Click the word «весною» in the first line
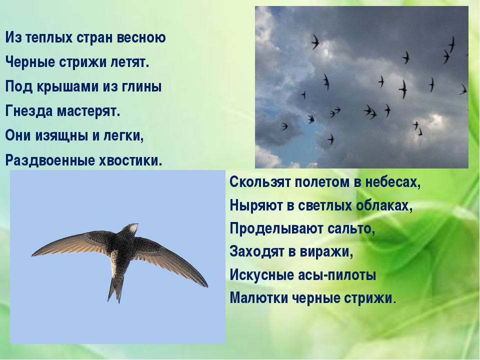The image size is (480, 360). tap(141, 38)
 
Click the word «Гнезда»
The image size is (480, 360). tap(29, 111)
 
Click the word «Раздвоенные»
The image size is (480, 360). tap(50, 160)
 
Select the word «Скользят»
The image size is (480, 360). tap(260, 182)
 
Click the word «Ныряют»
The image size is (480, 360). tap(256, 205)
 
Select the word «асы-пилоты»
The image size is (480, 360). tap(337, 275)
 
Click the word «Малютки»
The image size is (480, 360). tap(258, 298)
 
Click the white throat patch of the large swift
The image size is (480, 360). tap(132, 228)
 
